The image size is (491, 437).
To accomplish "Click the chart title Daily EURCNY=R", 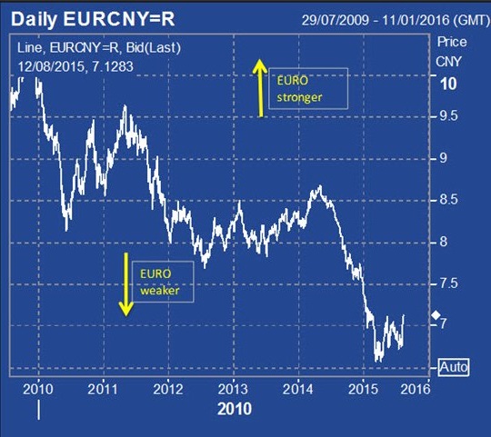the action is pyautogui.click(x=93, y=19).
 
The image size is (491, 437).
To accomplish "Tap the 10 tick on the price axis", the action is pyautogui.click(x=448, y=84).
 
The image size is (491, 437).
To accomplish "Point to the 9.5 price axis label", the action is pyautogui.click(x=449, y=116).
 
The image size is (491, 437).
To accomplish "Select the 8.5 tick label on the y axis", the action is pyautogui.click(x=449, y=200).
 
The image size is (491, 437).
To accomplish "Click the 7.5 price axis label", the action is pyautogui.click(x=449, y=283).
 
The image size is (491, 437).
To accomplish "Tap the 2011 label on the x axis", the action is pyautogui.click(x=103, y=389).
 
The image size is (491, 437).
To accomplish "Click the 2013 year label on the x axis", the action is pyautogui.click(x=233, y=389).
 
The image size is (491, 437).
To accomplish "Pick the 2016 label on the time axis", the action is pyautogui.click(x=416, y=389).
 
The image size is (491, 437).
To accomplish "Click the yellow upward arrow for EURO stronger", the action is pyautogui.click(x=260, y=88).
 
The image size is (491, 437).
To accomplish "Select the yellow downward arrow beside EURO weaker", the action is pyautogui.click(x=126, y=284).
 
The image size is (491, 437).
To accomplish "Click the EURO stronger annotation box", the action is pyautogui.click(x=308, y=88).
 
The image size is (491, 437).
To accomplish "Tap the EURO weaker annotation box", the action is pyautogui.click(x=163, y=282).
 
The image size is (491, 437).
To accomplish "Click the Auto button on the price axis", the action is pyautogui.click(x=454, y=367).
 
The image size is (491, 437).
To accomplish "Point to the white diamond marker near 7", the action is pyautogui.click(x=436, y=315).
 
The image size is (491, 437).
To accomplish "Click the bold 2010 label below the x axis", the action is pyautogui.click(x=235, y=409).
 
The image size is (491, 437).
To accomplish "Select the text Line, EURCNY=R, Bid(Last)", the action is pyautogui.click(x=99, y=48).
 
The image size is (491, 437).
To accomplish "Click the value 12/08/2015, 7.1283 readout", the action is pyautogui.click(x=75, y=66).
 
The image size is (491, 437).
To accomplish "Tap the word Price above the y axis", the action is pyautogui.click(x=452, y=42).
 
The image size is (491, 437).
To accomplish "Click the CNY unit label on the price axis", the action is pyautogui.click(x=448, y=62).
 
